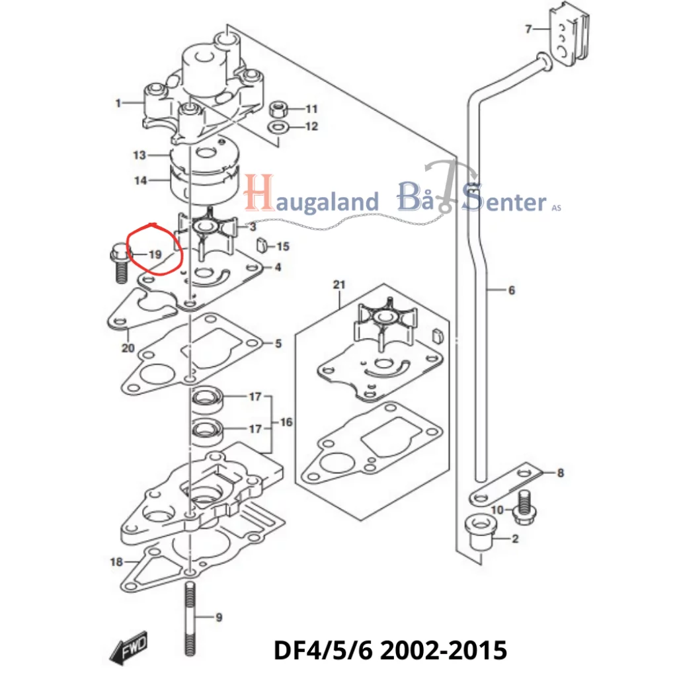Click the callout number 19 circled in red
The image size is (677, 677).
click(155, 255)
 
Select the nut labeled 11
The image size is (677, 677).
click(279, 108)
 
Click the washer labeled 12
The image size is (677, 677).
click(279, 126)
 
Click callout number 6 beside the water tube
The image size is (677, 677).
click(511, 290)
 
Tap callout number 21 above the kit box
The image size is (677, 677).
click(339, 285)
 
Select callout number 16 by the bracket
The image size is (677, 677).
click(286, 422)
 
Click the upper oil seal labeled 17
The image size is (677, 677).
click(208, 398)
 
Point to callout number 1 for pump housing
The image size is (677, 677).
click(118, 103)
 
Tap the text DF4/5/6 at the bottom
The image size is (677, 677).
click(323, 649)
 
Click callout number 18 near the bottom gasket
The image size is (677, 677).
click(116, 562)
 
